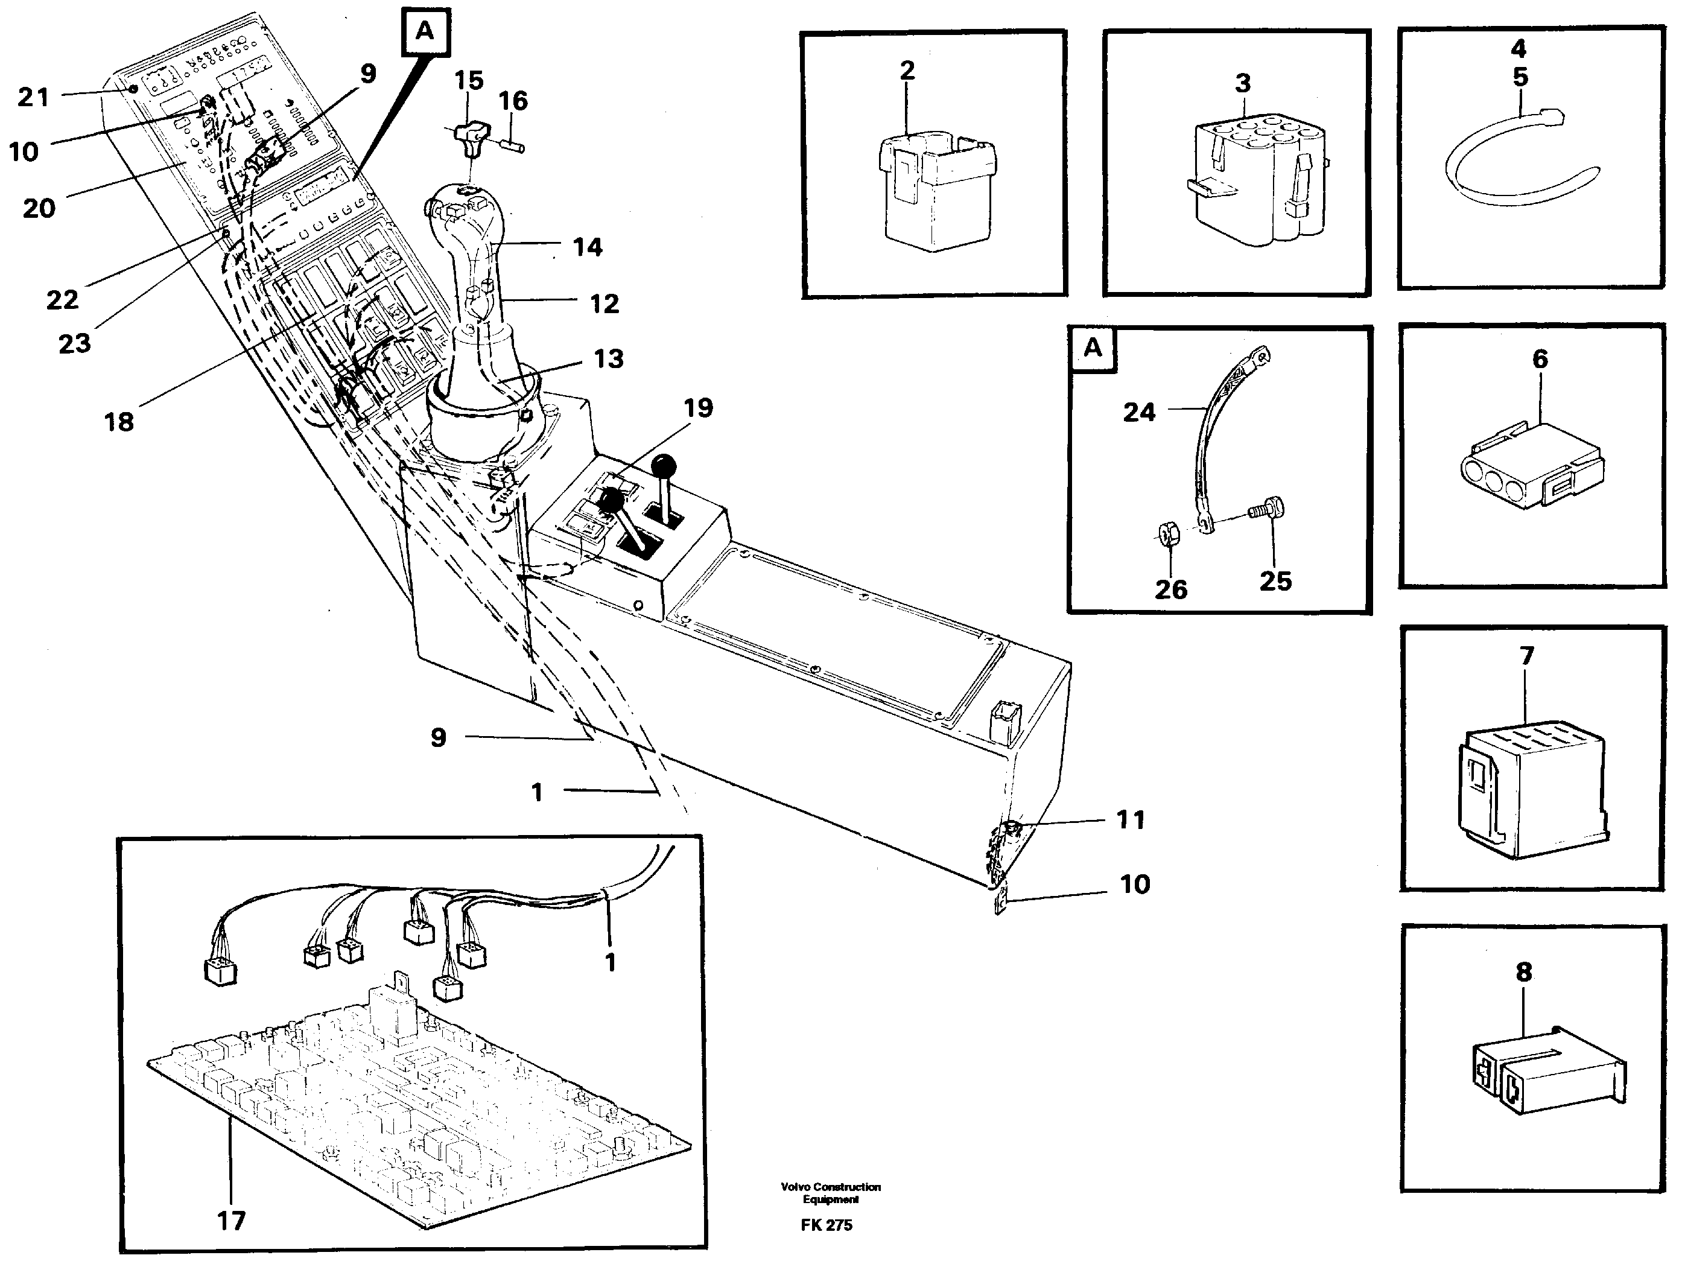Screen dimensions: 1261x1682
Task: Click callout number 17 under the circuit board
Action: (231, 1221)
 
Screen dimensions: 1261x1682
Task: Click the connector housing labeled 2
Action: (935, 194)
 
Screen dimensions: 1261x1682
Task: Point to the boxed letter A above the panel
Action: (424, 32)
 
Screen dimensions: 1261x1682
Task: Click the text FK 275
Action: (827, 1225)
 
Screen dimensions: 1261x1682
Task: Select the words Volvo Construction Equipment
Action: (830, 1193)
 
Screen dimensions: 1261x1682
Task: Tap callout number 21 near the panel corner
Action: (33, 97)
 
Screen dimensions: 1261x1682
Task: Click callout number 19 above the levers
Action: (698, 408)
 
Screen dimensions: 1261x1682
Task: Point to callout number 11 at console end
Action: (1130, 820)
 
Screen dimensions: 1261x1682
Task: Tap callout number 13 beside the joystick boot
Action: (608, 359)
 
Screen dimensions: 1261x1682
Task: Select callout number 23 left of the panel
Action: (75, 344)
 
